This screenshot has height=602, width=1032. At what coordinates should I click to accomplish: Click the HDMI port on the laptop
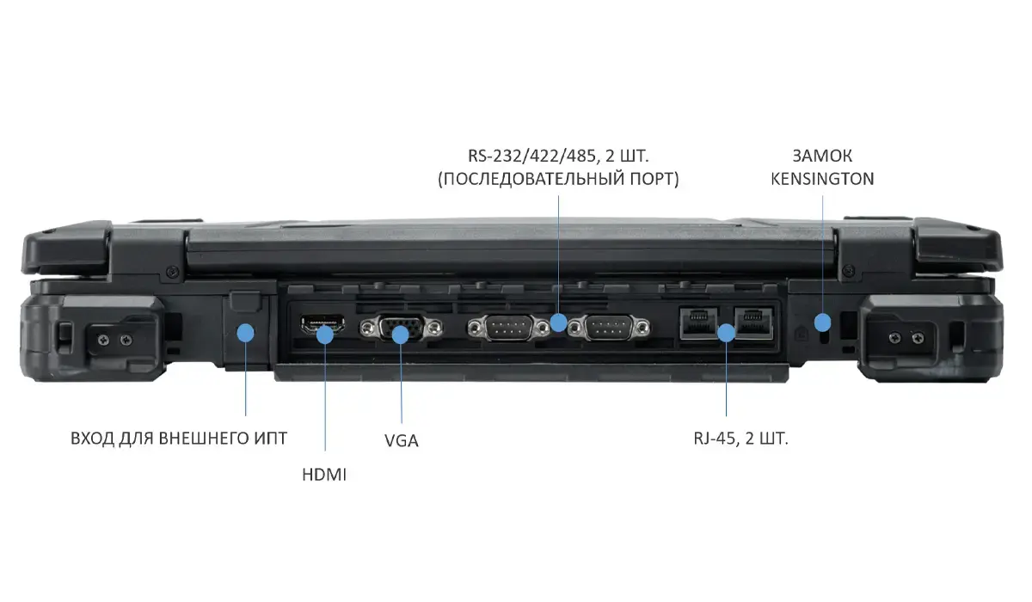pos(322,325)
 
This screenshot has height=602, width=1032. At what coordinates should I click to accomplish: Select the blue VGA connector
pos(401,328)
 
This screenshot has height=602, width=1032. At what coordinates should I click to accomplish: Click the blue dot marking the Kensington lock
pos(823,322)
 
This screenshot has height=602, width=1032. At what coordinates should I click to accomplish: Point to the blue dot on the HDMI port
pos(325,333)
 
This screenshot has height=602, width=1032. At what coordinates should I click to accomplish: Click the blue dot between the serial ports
pos(559,322)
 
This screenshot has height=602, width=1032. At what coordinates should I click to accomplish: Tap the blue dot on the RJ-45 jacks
pos(727,331)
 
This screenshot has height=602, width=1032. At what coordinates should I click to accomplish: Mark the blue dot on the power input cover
pos(246,332)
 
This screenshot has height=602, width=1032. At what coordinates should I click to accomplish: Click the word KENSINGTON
pos(822,179)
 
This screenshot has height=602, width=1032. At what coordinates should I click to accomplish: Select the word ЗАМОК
pos(822,157)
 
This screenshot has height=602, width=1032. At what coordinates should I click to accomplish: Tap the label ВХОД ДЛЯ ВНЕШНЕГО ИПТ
pos(179,439)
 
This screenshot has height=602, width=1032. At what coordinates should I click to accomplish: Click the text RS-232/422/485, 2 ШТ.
pos(558,157)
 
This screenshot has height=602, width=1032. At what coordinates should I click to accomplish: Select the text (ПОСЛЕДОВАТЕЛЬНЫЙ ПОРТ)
pos(558,179)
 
